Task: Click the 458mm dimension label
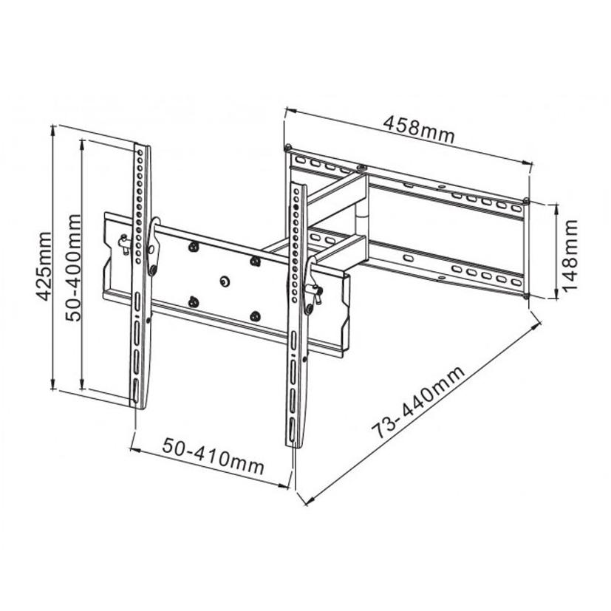pos(420,129)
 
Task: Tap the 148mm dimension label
pos(570,255)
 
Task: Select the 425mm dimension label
pos(44,266)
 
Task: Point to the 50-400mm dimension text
pos(73,267)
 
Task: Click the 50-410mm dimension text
pos(214,456)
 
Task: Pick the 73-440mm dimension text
pos(418,402)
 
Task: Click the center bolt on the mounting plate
pos(225,281)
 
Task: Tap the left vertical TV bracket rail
pos(140,276)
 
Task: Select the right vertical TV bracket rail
pos(297,315)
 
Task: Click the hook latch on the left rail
pos(154,246)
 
